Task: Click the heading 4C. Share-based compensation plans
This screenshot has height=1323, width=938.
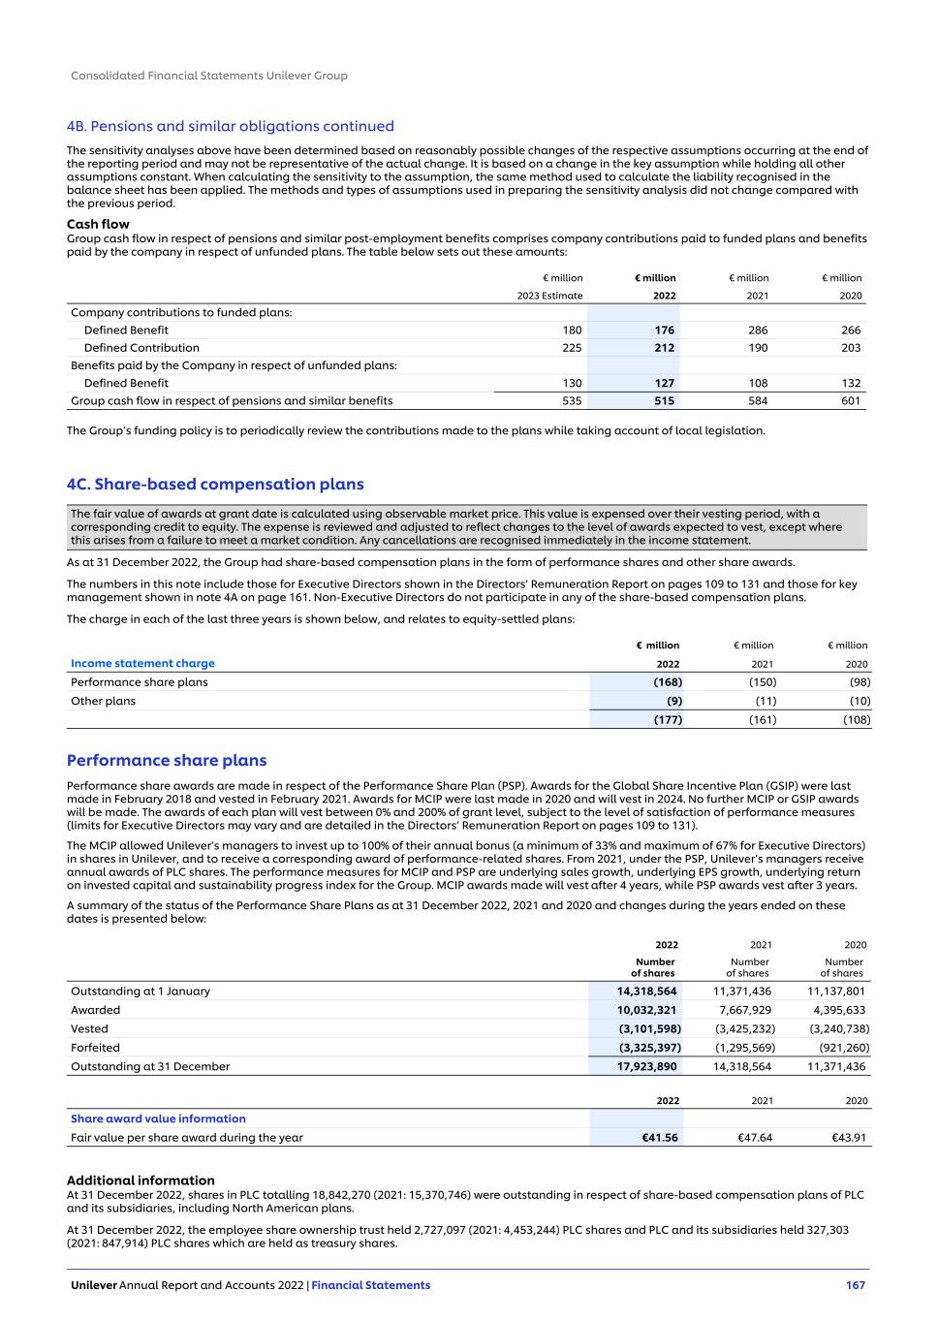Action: pos(215,484)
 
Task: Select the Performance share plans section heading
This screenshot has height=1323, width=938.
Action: pos(167,761)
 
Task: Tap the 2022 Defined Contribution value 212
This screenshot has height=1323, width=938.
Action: pos(664,348)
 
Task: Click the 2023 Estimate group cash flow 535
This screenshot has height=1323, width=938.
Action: pos(572,400)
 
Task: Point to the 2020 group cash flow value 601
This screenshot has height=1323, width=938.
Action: pos(851,400)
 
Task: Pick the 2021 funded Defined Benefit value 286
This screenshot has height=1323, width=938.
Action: pos(758,331)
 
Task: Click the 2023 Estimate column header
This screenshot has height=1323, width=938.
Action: pos(550,296)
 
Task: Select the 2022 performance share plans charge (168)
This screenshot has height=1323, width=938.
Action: pos(667,681)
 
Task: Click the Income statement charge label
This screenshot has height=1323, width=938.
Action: pos(142,663)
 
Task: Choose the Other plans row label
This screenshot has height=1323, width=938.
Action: pos(103,701)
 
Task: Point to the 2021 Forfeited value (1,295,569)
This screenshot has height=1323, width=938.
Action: pos(744,1048)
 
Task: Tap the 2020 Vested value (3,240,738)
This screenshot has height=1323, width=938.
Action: pos(839,1028)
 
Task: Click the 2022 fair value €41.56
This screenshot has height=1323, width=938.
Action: pos(660,1138)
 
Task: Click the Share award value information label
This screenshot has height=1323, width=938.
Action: pos(158,1118)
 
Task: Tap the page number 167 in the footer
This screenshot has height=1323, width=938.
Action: pos(855,1285)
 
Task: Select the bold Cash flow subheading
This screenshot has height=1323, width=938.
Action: pos(98,225)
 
